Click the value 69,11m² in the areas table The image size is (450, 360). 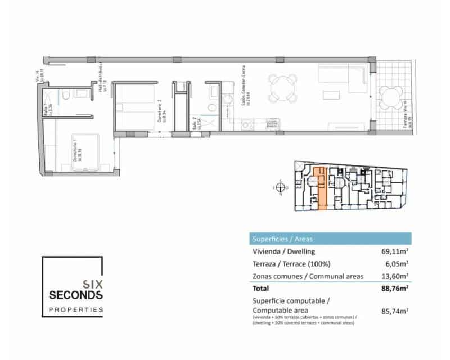point(395,251)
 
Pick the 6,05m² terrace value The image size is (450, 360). point(397,264)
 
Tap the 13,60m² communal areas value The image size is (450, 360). point(395,276)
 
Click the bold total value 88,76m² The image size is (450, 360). point(394,289)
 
